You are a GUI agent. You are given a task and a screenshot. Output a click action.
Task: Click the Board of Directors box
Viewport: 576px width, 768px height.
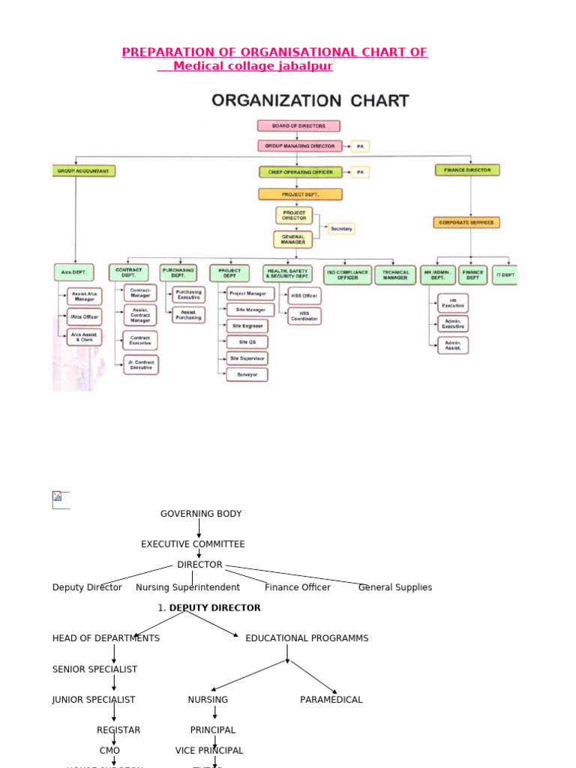[298, 126]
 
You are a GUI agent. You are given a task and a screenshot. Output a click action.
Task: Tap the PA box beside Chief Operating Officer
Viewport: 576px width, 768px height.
[360, 172]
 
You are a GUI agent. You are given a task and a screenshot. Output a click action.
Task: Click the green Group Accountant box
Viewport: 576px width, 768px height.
[83, 171]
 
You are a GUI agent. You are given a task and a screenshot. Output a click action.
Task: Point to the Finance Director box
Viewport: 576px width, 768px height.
[467, 170]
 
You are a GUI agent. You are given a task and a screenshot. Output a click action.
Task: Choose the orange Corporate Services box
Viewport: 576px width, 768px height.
[466, 223]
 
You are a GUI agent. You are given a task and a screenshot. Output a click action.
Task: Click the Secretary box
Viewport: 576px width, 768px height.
[341, 228]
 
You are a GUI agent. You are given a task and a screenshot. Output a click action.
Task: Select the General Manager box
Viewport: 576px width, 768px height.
[293, 240]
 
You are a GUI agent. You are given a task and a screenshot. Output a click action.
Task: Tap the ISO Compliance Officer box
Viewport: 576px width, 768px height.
[348, 275]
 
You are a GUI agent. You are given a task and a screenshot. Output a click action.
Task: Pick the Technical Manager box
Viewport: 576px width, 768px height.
[395, 275]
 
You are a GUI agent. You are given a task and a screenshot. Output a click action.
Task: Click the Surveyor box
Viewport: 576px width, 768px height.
[247, 374]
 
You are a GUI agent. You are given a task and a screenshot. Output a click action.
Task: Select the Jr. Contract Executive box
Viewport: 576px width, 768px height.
[140, 365]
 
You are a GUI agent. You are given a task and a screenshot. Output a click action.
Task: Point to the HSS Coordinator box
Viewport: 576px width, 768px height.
[304, 316]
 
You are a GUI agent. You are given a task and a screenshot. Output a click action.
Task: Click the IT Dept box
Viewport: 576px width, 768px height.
[505, 275]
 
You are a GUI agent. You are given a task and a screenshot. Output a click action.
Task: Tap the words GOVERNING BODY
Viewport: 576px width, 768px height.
[201, 514]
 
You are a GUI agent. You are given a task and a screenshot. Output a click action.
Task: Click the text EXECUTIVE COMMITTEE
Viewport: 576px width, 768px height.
[193, 544]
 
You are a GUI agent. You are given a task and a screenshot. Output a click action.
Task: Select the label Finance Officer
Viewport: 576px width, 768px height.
[298, 587]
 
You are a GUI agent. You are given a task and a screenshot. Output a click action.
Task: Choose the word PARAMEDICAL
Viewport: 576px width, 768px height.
[331, 700]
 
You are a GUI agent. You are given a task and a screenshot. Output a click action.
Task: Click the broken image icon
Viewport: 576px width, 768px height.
[58, 497]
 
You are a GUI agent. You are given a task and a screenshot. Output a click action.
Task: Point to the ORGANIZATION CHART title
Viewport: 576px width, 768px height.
[310, 100]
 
